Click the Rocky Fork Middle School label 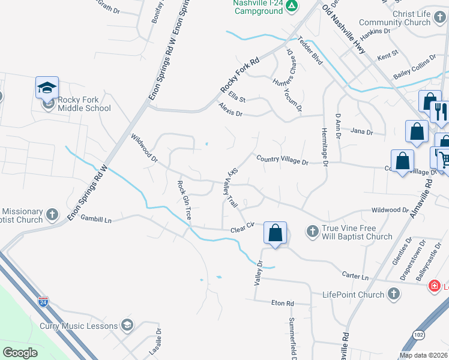pos(84,103)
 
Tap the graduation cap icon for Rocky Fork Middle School pos(47,88)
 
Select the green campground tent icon pos(291,7)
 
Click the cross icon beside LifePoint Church pos(393,294)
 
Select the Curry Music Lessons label pos(79,326)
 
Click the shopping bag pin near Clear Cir pos(275,233)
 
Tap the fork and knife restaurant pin pos(439,110)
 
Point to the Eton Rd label pos(282,303)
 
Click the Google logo pos(20,353)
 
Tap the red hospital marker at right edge pos(434,287)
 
